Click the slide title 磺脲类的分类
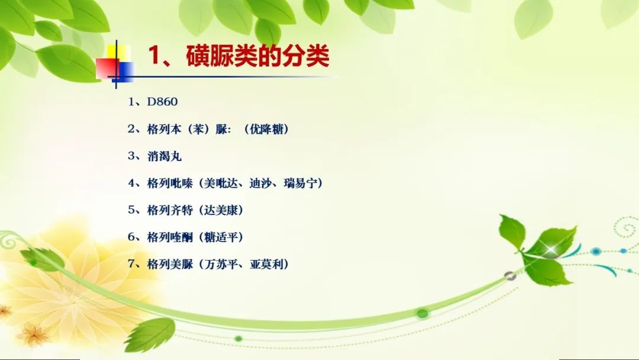(257, 56)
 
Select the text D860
(162, 101)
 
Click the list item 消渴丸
(164, 156)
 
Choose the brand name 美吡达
(221, 183)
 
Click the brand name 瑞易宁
(301, 183)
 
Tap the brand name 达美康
(221, 210)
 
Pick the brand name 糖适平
(221, 237)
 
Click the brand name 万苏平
(221, 263)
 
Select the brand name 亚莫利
(266, 263)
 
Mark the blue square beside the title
(124, 72)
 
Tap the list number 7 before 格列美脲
(131, 263)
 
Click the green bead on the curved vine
(422, 313)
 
